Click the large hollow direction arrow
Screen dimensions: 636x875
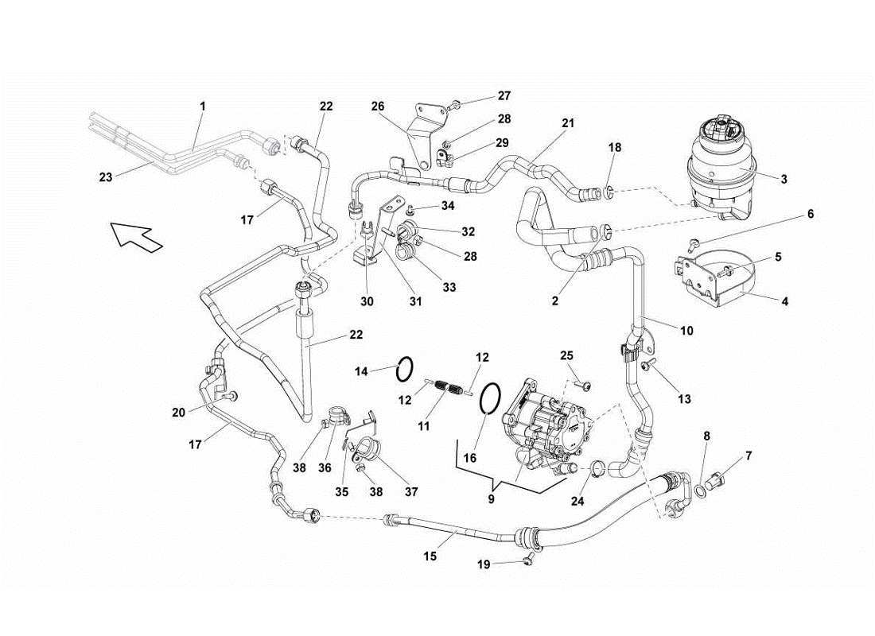(134, 236)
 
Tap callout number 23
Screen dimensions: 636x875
(106, 178)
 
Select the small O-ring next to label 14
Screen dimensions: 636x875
(405, 367)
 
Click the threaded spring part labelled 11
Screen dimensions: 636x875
(451, 390)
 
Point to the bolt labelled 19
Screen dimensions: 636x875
(527, 561)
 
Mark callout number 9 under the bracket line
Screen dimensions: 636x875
(492, 500)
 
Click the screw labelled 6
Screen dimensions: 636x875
(693, 241)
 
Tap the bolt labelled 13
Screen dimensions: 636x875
(645, 364)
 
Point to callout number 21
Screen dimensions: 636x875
(568, 123)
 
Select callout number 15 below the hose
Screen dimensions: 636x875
(430, 556)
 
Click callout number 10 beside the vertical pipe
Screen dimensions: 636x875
(686, 330)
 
